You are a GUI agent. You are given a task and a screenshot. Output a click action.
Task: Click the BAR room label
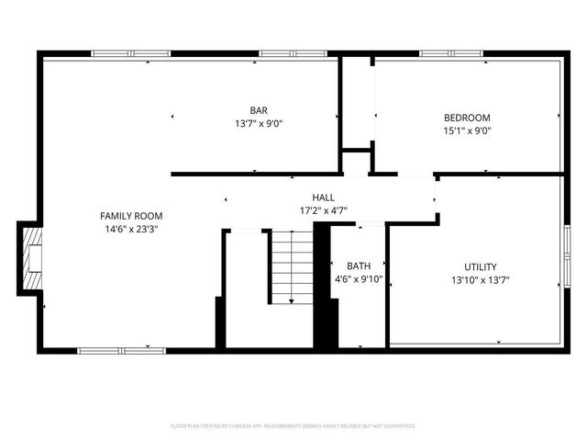click(x=259, y=110)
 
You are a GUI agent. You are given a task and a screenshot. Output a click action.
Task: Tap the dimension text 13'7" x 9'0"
click(x=259, y=123)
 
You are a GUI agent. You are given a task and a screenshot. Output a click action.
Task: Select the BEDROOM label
click(x=467, y=118)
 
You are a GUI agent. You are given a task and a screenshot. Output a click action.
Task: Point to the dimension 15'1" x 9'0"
click(x=467, y=130)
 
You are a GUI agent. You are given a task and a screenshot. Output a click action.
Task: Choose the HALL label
click(x=323, y=198)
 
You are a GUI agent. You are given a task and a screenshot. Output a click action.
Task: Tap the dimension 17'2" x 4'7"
click(x=323, y=210)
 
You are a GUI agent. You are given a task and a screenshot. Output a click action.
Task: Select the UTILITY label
click(x=481, y=266)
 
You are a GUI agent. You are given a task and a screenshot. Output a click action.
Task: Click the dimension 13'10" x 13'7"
click(x=481, y=279)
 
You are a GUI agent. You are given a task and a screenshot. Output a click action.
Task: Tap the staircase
click(x=292, y=266)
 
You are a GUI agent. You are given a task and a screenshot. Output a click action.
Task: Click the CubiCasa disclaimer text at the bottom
click(x=293, y=426)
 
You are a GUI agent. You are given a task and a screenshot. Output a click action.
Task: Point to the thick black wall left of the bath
click(x=323, y=285)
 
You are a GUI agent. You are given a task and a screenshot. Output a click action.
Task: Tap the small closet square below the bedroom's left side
click(x=357, y=162)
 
